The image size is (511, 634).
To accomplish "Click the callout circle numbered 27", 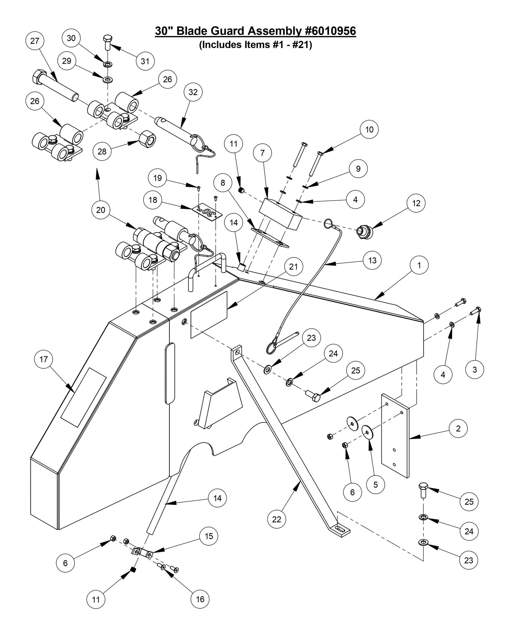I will point(35,41).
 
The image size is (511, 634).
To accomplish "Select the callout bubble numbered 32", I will point(193,92).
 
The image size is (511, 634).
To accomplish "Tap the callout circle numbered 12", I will point(416,203).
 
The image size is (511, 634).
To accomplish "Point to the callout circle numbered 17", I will point(43,360).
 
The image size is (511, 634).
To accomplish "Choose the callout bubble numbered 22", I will point(277,519).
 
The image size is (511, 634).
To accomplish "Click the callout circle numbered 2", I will point(458,428).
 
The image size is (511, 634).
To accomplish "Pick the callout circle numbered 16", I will point(200,599).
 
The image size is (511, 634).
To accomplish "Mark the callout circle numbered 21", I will point(294,267).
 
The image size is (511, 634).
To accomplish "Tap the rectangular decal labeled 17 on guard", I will point(83,397).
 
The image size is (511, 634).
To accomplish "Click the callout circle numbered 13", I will point(372,260).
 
